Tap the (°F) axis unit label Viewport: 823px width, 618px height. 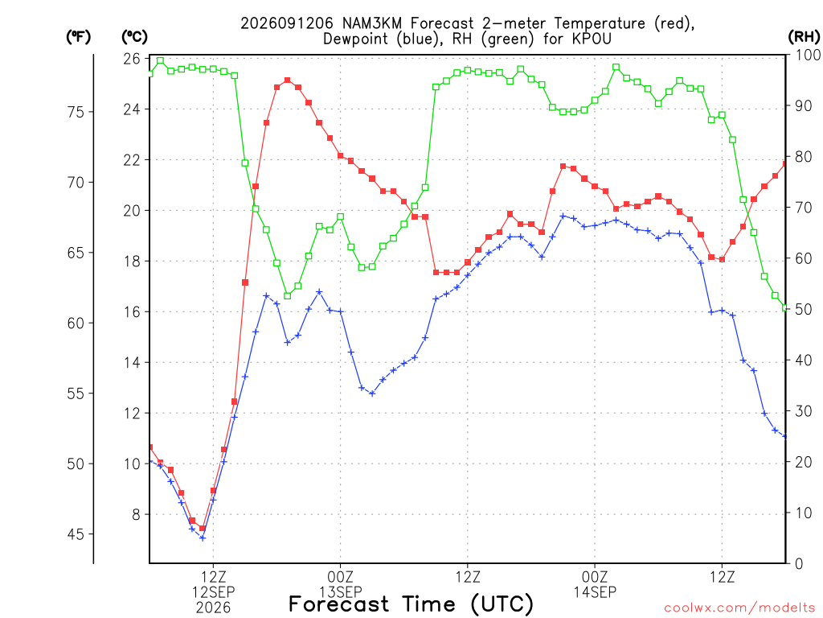pos(78,37)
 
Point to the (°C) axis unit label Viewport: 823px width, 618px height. pos(134,37)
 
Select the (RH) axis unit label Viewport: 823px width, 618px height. pos(804,37)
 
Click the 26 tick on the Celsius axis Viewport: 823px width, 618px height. pos(132,58)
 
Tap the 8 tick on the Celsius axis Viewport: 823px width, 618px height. pos(136,514)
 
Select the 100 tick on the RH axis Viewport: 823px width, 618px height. pos(808,56)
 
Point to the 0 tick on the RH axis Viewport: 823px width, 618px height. pos(799,564)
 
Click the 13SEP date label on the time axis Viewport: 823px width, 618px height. pos(341,592)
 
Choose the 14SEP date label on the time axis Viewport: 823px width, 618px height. pos(595,592)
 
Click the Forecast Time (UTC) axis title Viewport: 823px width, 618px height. pos(411,604)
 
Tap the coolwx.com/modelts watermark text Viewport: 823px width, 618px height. pos(739,608)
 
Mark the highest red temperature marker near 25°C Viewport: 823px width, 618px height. pos(287,80)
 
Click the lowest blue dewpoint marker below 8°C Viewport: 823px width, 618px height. pos(203,538)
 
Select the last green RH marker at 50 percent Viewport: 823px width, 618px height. pos(785,308)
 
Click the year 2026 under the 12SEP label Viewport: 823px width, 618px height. pos(213,608)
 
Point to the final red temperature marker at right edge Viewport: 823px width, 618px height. pos(785,164)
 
